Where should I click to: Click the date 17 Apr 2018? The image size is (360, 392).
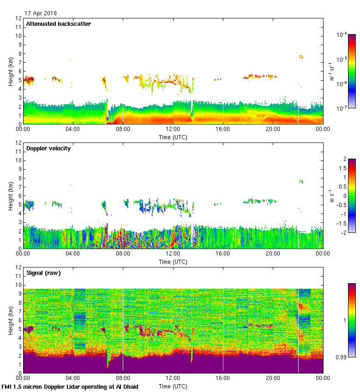click(x=41, y=13)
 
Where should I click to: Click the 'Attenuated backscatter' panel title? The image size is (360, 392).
click(x=58, y=24)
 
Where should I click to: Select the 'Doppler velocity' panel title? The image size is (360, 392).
click(x=48, y=148)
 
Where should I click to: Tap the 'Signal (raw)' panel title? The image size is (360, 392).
click(x=43, y=273)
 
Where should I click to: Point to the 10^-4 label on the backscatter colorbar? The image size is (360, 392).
click(x=342, y=35)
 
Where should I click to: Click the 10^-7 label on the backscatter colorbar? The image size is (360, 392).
click(x=342, y=108)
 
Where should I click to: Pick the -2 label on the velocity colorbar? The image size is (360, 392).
click(x=344, y=232)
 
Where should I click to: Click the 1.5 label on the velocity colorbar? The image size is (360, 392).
click(x=343, y=168)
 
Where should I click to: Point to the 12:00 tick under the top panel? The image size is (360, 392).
click(x=173, y=130)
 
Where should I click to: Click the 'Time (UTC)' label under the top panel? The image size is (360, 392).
click(x=173, y=137)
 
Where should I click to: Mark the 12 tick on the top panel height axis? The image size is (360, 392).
click(x=18, y=18)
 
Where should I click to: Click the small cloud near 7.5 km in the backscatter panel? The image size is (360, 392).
click(x=301, y=57)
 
